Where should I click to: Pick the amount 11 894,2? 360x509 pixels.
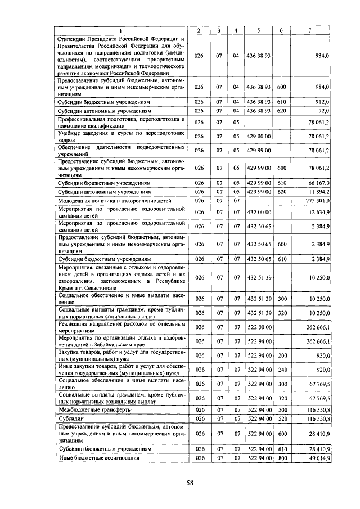[317, 192]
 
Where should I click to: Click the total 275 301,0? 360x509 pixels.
[316, 200]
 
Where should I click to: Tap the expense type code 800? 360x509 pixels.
[282, 458]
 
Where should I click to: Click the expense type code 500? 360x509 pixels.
[282, 410]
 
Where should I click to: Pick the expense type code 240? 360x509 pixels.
[282, 370]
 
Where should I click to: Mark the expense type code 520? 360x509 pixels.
[282, 419]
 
